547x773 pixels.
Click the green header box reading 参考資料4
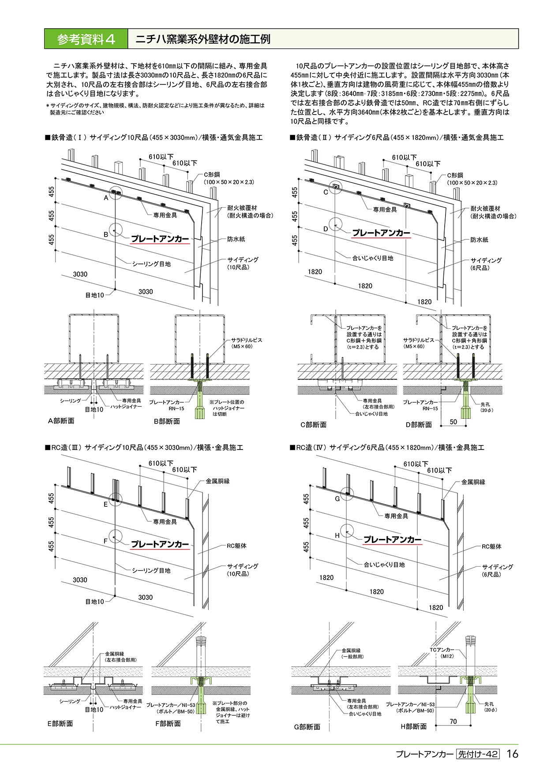point(86,39)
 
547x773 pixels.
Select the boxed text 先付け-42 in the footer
point(478,754)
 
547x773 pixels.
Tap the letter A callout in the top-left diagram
point(106,198)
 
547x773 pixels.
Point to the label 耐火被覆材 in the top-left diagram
point(243,208)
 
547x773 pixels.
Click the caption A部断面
point(61,421)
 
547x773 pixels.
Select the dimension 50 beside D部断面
point(453,422)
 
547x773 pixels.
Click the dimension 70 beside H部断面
point(453,721)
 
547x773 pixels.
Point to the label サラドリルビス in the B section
point(247,340)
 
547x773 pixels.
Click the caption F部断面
point(167,724)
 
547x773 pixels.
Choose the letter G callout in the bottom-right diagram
point(337,498)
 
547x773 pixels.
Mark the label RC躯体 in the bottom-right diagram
point(491,546)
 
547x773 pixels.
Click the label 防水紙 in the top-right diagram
point(480,240)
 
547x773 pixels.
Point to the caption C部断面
point(313,425)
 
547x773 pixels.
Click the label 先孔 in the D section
point(486,404)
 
